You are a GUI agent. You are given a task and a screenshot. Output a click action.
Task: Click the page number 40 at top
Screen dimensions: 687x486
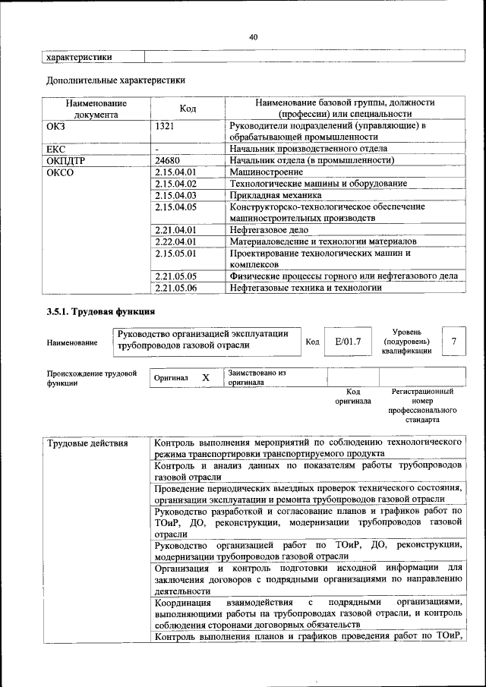click(253, 37)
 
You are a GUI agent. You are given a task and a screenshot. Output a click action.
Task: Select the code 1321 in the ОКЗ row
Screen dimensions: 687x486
click(166, 125)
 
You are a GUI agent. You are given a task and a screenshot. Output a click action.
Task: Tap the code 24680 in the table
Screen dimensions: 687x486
click(168, 160)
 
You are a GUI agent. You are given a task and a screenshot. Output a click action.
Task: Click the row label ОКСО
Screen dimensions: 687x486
click(61, 172)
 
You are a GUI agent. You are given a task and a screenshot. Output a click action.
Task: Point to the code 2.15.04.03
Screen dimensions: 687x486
click(175, 195)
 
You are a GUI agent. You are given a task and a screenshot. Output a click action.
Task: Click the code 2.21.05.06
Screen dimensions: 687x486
click(175, 288)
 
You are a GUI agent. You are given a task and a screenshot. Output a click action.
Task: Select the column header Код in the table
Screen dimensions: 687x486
click(188, 109)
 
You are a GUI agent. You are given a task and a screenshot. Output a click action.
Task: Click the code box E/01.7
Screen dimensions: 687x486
click(348, 342)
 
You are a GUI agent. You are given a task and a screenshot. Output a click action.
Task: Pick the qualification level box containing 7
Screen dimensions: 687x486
click(453, 342)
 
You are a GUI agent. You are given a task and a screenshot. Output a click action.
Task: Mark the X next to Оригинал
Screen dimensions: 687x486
click(205, 377)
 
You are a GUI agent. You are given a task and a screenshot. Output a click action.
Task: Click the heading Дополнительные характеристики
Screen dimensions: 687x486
click(115, 79)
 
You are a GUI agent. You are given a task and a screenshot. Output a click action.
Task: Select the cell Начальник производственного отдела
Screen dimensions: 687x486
click(308, 149)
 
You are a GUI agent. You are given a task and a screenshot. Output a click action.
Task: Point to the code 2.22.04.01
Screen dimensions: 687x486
click(175, 241)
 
